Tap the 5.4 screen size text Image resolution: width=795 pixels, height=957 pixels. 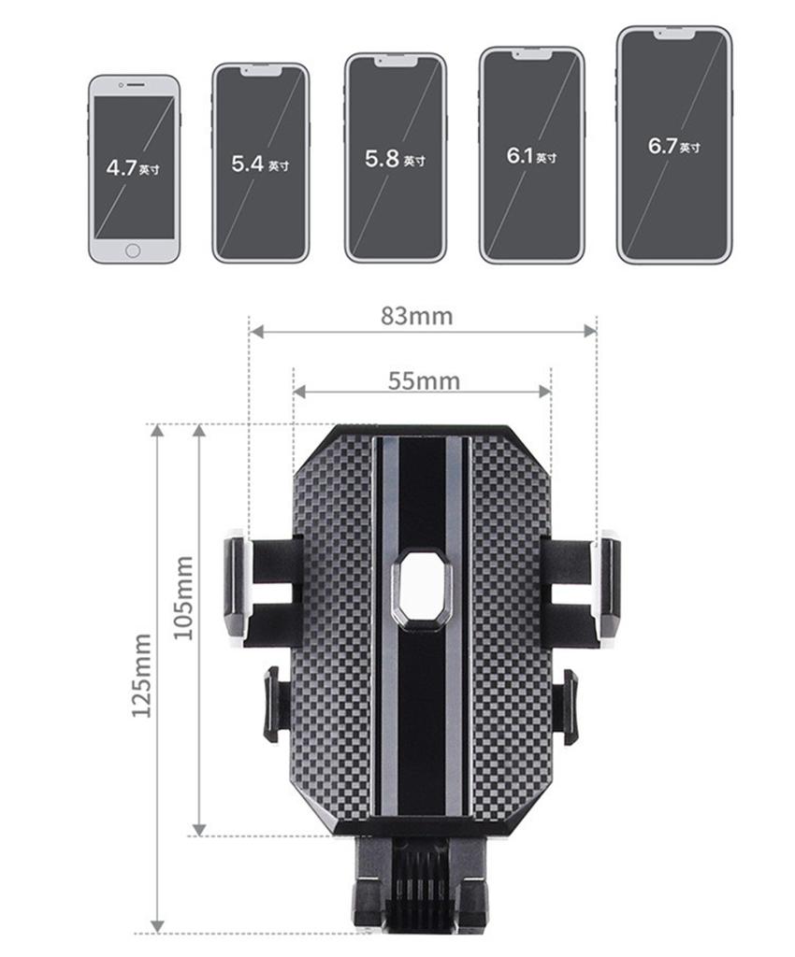pos(259,164)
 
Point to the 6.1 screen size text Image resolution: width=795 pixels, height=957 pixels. pos(530,155)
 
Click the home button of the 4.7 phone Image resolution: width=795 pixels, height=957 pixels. pos(133,250)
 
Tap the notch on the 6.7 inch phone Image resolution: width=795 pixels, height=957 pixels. pos(674,34)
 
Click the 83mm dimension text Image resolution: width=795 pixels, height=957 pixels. pos(416,316)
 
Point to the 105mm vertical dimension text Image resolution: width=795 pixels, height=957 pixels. pos(184,598)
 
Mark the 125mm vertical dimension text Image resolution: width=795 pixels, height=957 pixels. pos(141,676)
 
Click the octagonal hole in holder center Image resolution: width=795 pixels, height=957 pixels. pos(422,588)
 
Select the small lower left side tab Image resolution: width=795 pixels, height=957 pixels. pos(273,703)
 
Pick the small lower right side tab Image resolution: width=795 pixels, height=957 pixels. pos(566,706)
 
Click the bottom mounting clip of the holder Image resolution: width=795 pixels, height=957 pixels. pos(421,888)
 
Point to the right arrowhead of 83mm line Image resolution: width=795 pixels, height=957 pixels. pos(590,331)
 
